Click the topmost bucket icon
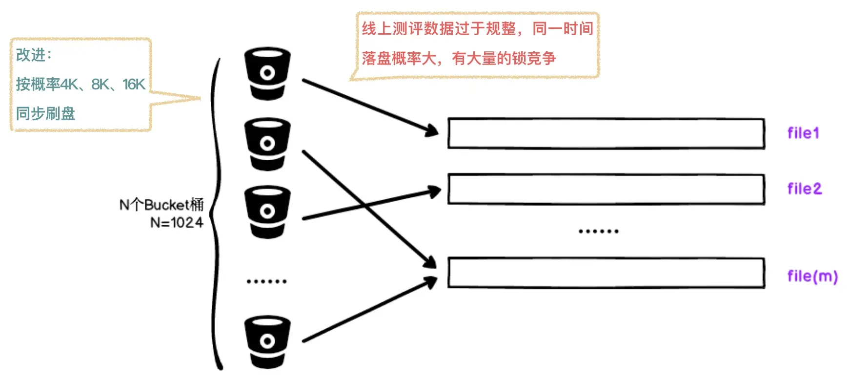pyautogui.click(x=267, y=73)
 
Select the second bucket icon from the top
pyautogui.click(x=267, y=144)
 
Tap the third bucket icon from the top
pyautogui.click(x=267, y=212)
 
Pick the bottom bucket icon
pyautogui.click(x=267, y=341)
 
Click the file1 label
pyautogui.click(x=803, y=133)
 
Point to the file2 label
pyautogui.click(x=805, y=189)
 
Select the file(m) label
pyautogui.click(x=812, y=277)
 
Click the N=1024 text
pyautogui.click(x=177, y=223)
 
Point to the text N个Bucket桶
pyautogui.click(x=162, y=204)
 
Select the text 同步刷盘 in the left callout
pyautogui.click(x=45, y=113)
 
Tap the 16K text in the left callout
pyautogui.click(x=134, y=85)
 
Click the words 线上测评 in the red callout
pyautogui.click(x=392, y=28)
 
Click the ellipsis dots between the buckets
pyautogui.click(x=266, y=281)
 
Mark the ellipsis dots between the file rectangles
pyautogui.click(x=598, y=231)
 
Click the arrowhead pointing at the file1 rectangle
pyautogui.click(x=432, y=130)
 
